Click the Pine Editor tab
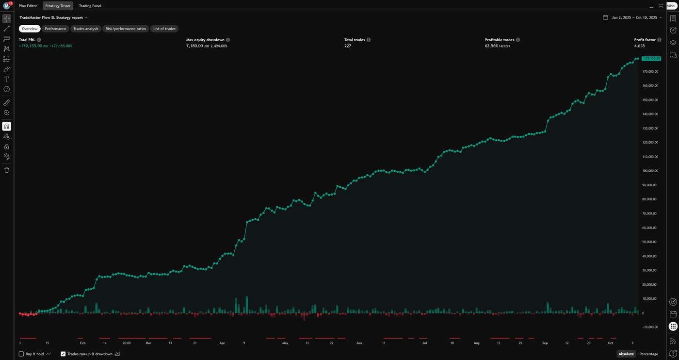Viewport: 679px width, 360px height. tap(28, 6)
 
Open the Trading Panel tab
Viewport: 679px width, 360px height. tap(90, 6)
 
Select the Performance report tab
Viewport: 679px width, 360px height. tap(55, 29)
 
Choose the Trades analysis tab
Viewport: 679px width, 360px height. tap(86, 29)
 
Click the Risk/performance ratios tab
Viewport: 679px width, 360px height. tap(126, 29)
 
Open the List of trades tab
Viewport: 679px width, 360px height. tap(164, 29)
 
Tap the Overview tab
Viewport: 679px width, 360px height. tap(30, 29)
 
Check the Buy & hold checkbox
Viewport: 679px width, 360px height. tap(21, 354)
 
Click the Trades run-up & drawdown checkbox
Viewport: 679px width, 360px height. tap(63, 354)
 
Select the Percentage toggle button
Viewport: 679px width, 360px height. tap(648, 354)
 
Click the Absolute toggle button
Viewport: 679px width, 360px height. tap(626, 354)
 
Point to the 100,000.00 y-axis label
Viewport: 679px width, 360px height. tap(649, 171)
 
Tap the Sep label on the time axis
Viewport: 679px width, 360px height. tap(545, 343)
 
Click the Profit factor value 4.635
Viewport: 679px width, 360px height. tap(639, 46)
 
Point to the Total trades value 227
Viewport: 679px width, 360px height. tap(348, 46)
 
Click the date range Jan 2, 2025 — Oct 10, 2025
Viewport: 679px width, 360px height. tap(634, 17)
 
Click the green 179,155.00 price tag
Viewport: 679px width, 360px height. tap(651, 58)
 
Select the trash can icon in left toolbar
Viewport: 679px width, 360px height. tap(7, 170)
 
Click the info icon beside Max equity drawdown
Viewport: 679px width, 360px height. tap(228, 40)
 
